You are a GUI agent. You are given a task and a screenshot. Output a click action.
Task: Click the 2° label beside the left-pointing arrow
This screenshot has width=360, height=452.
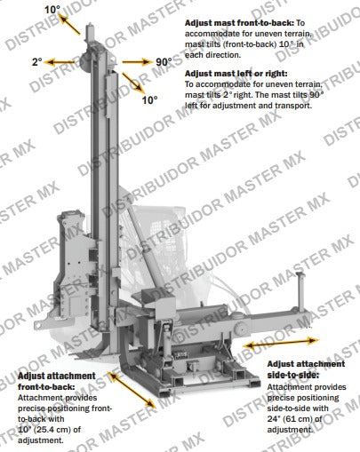click(37, 62)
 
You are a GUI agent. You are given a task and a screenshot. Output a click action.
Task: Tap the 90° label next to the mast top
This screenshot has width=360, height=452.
click(164, 62)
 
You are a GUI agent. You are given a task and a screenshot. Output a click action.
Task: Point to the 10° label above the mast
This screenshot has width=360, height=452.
click(52, 10)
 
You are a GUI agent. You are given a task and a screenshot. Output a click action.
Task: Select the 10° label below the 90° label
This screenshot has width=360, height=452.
click(149, 100)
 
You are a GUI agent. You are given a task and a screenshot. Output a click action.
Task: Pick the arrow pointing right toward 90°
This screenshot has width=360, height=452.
click(137, 62)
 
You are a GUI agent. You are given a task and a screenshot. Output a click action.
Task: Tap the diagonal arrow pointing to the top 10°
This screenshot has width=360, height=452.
click(69, 24)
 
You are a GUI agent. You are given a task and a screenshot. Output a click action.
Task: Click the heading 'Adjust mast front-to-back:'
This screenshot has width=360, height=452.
click(239, 23)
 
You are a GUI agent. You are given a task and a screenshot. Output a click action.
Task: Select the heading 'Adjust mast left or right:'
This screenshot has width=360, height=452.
click(236, 74)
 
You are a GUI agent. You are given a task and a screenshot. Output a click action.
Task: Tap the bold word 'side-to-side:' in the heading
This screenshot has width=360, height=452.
click(293, 375)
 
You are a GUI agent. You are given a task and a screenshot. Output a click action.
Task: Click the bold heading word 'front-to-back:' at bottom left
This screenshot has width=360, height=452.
click(46, 387)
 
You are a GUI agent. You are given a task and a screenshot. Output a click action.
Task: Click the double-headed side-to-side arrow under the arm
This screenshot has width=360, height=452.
click(281, 343)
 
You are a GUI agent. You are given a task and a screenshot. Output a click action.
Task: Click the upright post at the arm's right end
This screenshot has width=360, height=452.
click(300, 291)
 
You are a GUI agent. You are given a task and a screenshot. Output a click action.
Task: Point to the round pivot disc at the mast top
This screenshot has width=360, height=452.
click(86, 61)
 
